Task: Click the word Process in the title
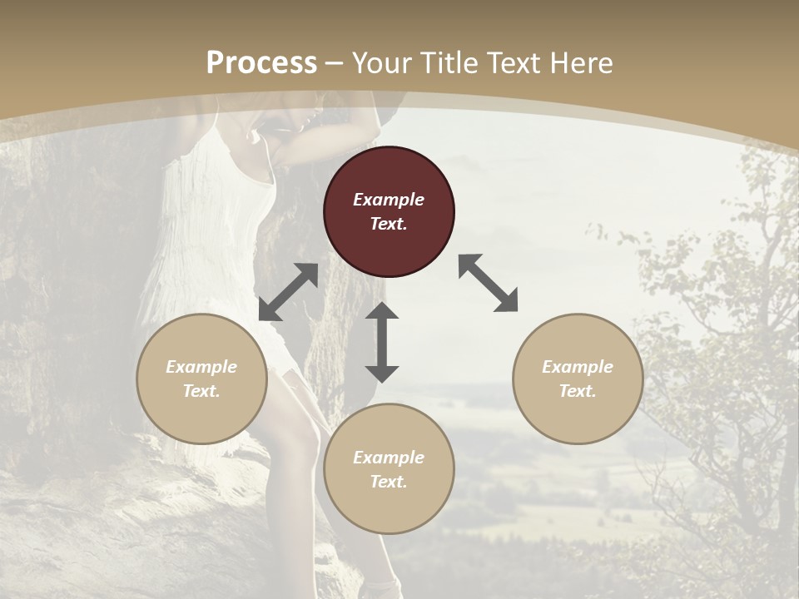point(261,63)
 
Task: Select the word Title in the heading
point(449,63)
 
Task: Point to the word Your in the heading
point(384,63)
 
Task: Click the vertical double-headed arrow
point(382,342)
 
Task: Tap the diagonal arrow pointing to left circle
point(288,292)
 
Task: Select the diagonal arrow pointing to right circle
point(489,283)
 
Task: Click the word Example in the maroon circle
point(389,200)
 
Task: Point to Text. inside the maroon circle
point(389,224)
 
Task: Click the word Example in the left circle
point(201,367)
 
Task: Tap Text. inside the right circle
point(578,391)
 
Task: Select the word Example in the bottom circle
point(389,458)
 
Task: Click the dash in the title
point(335,64)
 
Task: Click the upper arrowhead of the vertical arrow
point(382,311)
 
